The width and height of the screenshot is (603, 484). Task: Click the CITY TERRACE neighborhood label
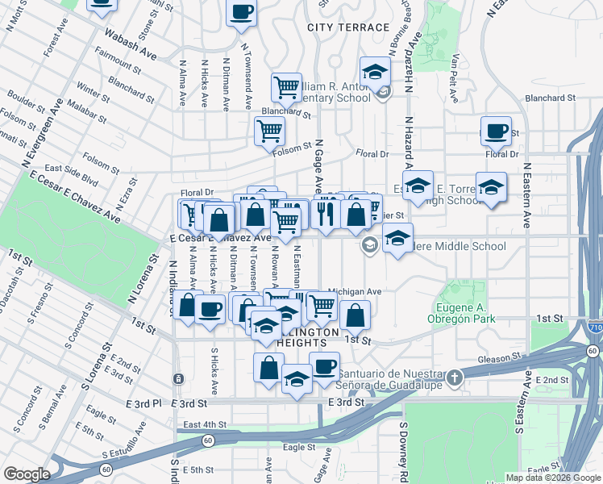tap(348, 27)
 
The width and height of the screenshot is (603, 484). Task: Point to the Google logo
tap(27, 474)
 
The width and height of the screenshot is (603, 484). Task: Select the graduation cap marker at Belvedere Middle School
tap(397, 238)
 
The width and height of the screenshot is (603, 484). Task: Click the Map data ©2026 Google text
tap(554, 478)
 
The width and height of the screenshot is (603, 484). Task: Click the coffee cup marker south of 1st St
tap(324, 367)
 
